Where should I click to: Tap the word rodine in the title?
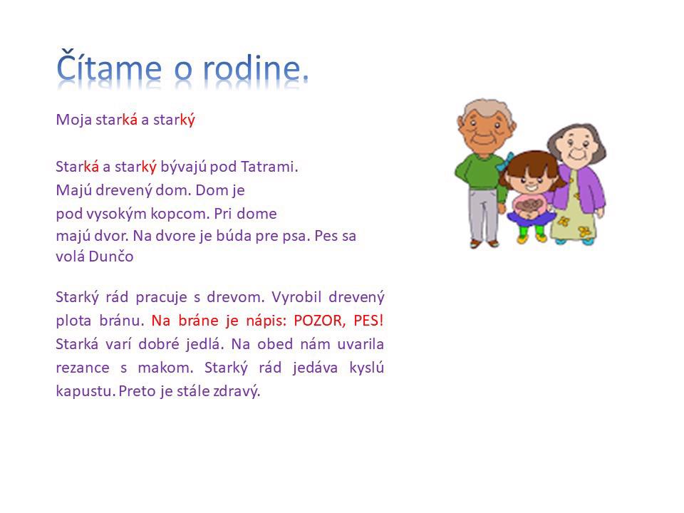click(255, 68)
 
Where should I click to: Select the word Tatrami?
click(269, 167)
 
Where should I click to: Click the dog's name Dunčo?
click(111, 256)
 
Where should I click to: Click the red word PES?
click(368, 321)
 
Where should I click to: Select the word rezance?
click(83, 368)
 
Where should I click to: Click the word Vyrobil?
click(296, 297)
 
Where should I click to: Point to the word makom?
click(165, 368)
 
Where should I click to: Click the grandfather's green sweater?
click(479, 172)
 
